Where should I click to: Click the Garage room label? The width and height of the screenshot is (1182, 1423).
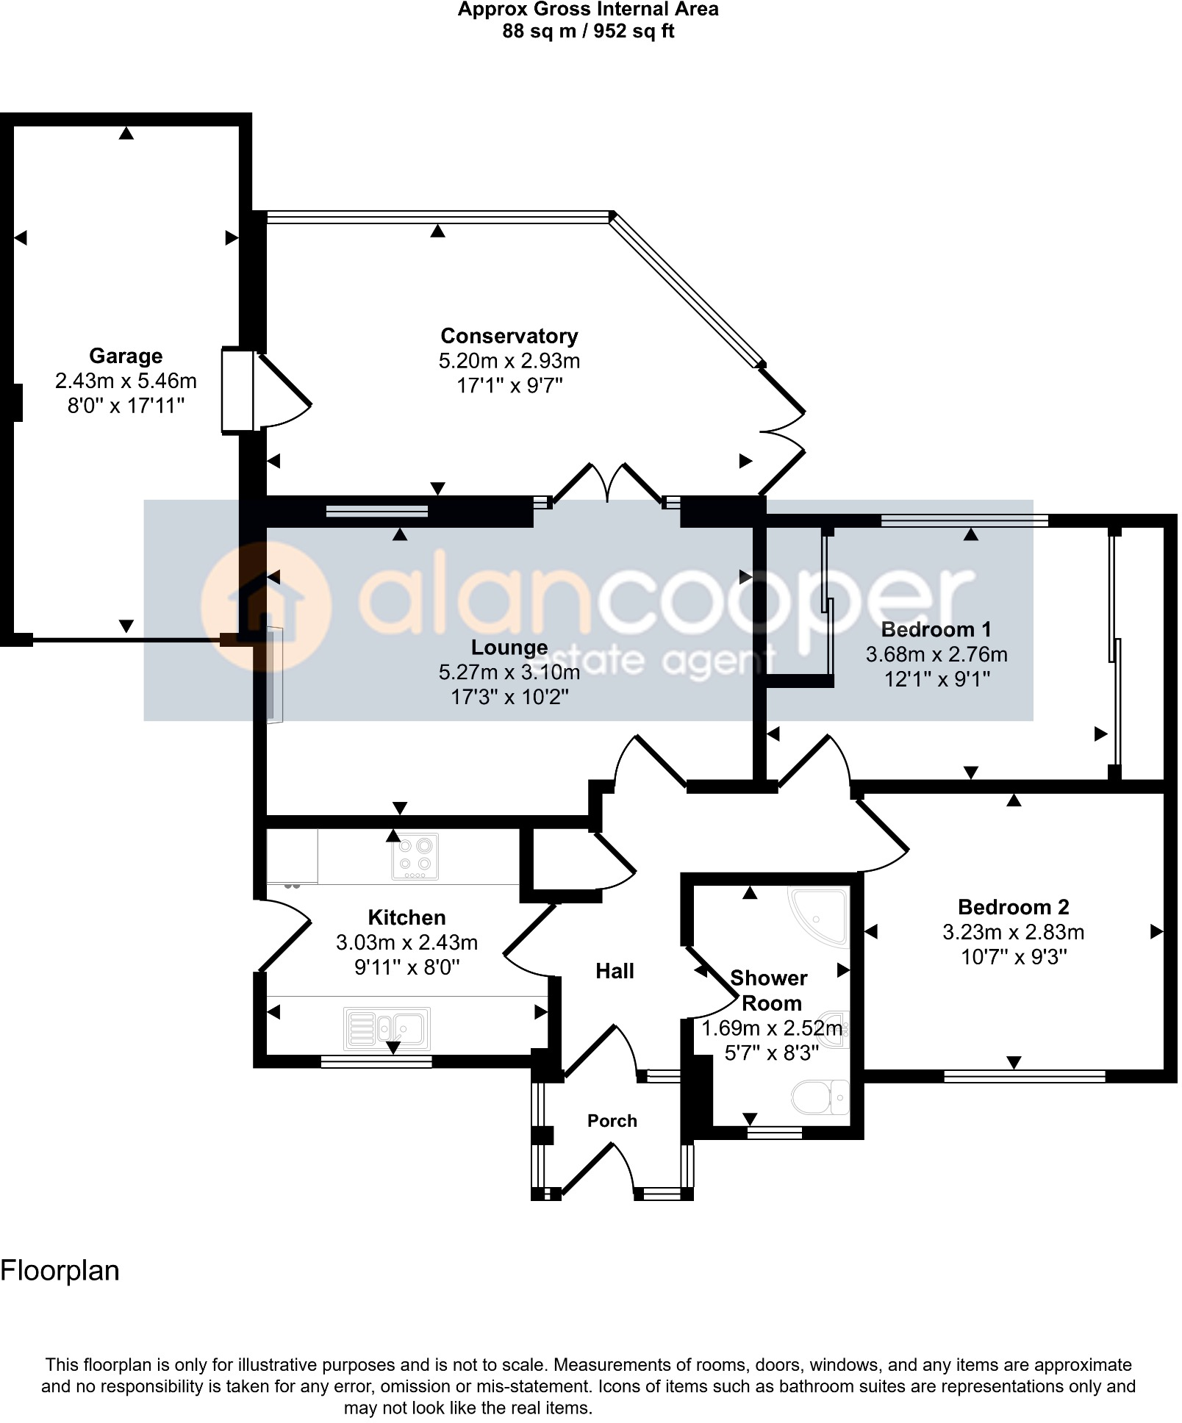pyautogui.click(x=126, y=356)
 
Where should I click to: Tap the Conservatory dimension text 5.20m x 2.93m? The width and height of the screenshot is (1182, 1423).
pyautogui.click(x=509, y=361)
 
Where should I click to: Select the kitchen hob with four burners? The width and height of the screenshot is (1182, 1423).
pyautogui.click(x=415, y=856)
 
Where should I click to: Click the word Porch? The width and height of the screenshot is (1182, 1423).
pyautogui.click(x=612, y=1121)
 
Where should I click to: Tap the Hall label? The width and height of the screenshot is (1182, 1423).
pyautogui.click(x=615, y=972)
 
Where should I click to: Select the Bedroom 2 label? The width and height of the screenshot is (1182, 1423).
pyautogui.click(x=1013, y=907)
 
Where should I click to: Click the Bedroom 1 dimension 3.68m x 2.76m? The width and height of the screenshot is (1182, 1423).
pyautogui.click(x=936, y=654)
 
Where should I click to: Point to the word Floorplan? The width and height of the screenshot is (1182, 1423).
pyautogui.click(x=60, y=1271)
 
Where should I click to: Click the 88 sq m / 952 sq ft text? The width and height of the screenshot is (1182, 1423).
pyautogui.click(x=588, y=32)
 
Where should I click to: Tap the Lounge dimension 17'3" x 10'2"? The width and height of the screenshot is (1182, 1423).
pyautogui.click(x=509, y=697)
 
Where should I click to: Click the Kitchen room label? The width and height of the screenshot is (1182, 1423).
pyautogui.click(x=406, y=917)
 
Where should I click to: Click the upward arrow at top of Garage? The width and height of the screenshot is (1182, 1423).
pyautogui.click(x=126, y=133)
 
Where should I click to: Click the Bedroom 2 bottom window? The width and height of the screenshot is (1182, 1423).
pyautogui.click(x=1024, y=1077)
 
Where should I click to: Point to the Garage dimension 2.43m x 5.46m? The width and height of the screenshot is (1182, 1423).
pyautogui.click(x=126, y=381)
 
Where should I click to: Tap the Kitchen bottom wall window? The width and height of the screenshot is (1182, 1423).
pyautogui.click(x=376, y=1061)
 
